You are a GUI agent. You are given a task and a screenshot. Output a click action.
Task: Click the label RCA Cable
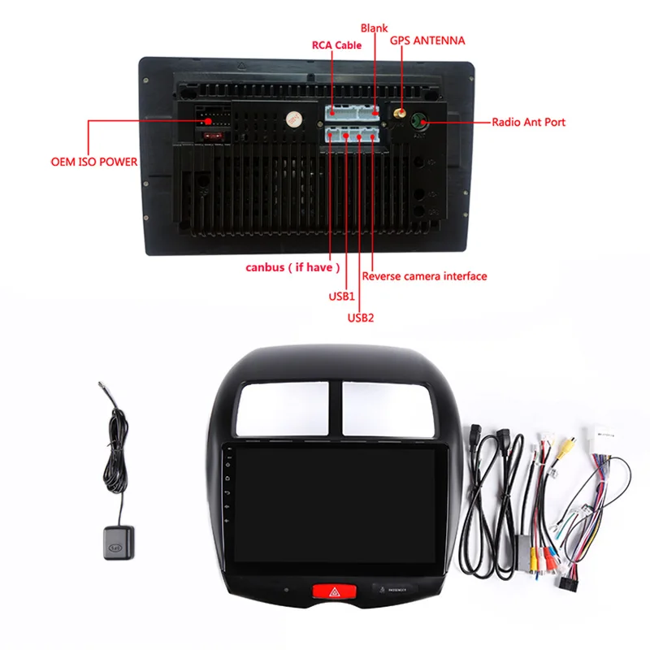point(337,45)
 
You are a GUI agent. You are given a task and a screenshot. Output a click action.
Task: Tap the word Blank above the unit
point(375,28)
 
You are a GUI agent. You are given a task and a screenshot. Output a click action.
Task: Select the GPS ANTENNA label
point(427,40)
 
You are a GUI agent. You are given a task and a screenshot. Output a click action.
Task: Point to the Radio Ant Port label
point(528,123)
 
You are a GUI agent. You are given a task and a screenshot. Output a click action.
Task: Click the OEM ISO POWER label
point(94,162)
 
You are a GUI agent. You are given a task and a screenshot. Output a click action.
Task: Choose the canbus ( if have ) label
point(293,267)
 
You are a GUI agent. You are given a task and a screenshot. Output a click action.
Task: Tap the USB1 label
point(342,296)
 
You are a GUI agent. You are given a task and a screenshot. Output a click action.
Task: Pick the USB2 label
point(361,317)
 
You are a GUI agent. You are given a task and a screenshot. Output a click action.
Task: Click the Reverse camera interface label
point(424,276)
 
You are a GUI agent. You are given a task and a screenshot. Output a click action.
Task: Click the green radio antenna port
point(418,122)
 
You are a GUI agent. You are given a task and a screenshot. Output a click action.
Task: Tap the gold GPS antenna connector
point(400,115)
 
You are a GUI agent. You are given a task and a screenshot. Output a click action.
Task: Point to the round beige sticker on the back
point(291,119)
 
